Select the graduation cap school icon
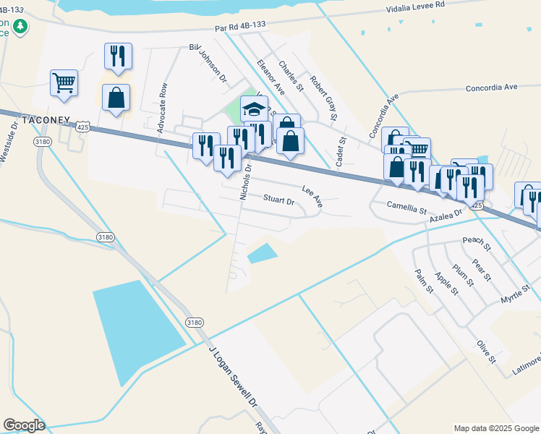pos(254,109)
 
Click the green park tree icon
pos(22,27)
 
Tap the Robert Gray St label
pos(324,98)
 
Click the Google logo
pos(24,425)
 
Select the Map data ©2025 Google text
pos(495,428)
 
